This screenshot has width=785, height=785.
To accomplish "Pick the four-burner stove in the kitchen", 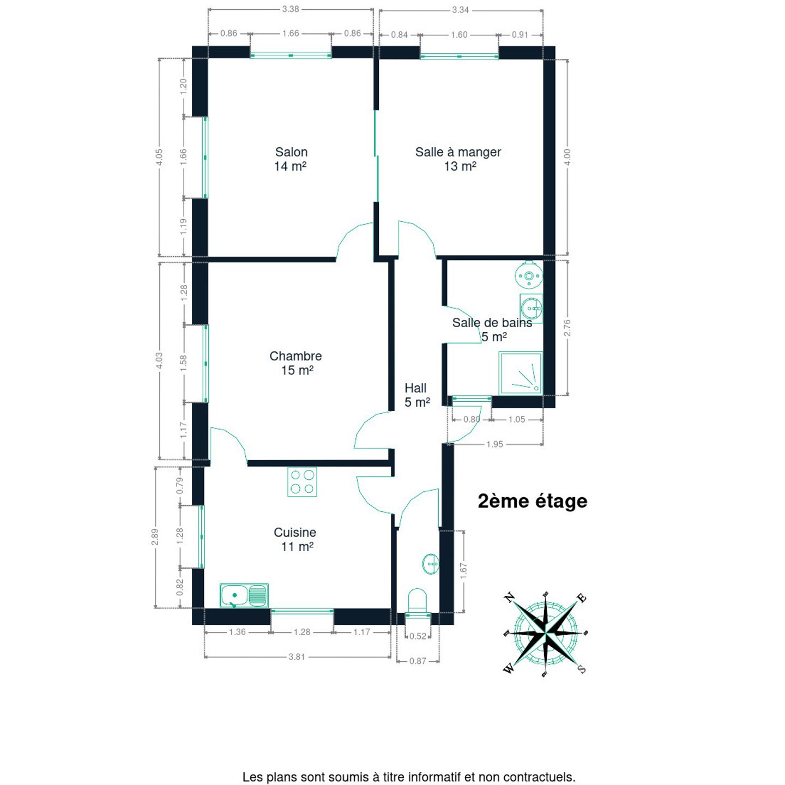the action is coord(302,482).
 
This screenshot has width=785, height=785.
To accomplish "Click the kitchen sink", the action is coord(244,595).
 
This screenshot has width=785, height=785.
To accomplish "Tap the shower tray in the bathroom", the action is coord(521,373).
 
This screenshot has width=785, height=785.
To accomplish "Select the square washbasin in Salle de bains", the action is coord(531,309).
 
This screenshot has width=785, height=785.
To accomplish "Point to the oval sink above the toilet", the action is coord(431,564).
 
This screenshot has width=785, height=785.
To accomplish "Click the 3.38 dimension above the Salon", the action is coord(291,9).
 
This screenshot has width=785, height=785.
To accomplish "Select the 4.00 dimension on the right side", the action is coord(566,157).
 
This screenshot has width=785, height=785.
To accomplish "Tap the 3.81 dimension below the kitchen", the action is coord(297,657).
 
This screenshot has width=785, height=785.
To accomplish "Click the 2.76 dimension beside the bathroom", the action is coord(566,328).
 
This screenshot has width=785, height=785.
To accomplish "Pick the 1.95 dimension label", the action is coord(494,444).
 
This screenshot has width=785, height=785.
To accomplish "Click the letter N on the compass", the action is coord(509,597).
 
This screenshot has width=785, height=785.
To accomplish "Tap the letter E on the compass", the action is coord(582,598).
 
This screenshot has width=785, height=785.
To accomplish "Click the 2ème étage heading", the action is coord(533,501).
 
